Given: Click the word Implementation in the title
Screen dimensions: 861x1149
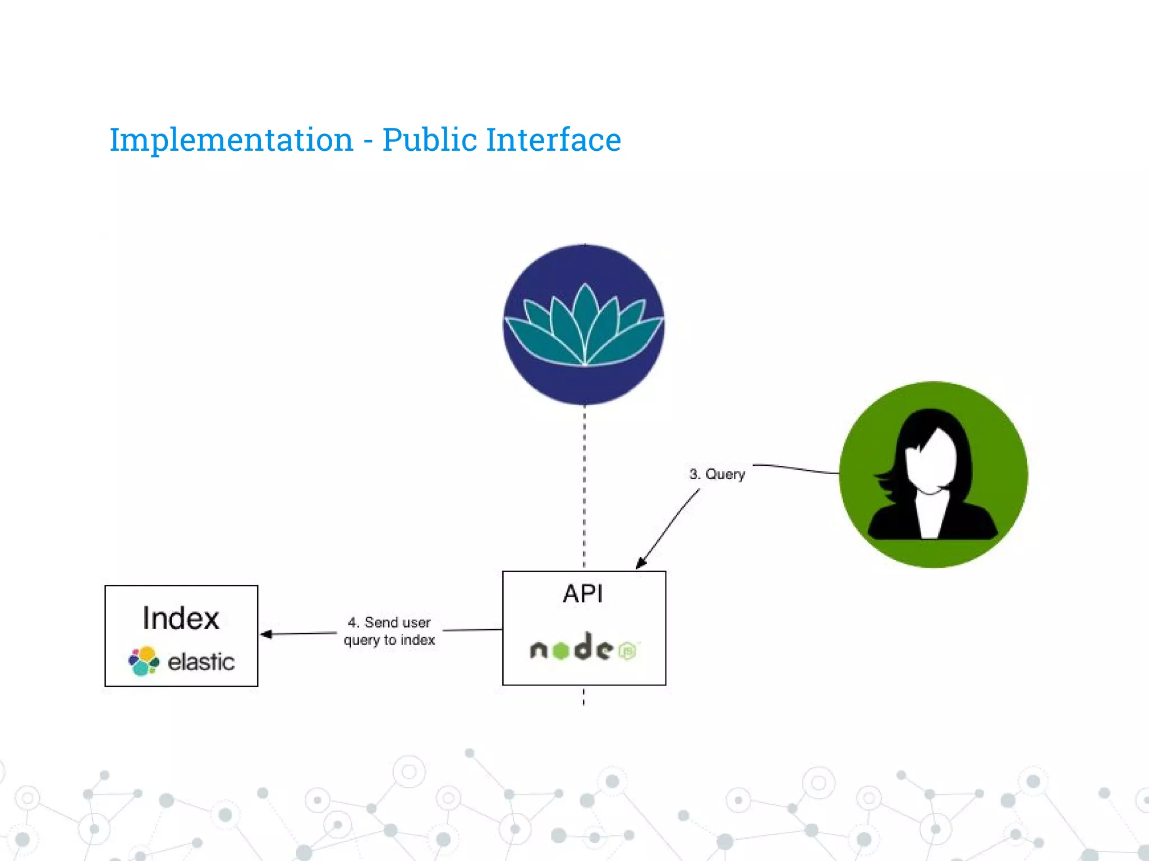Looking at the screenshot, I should [231, 140].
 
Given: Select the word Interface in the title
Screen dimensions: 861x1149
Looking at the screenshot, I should [553, 140].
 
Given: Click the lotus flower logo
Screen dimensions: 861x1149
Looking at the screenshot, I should [584, 325].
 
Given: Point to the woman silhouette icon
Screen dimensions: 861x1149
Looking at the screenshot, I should [933, 474].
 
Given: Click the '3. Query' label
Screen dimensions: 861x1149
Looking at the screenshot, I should [717, 474].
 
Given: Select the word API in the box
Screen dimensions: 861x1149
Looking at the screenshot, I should [583, 594].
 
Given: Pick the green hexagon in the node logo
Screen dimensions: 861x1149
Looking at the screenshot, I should [560, 650].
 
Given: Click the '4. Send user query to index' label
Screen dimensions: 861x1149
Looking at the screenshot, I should [389, 631].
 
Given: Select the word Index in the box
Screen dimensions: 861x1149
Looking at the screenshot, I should [181, 618].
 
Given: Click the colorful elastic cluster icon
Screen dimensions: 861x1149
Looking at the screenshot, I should [144, 661].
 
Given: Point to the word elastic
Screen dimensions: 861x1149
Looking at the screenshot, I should [201, 662].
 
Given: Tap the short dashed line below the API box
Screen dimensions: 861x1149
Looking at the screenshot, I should [584, 697].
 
